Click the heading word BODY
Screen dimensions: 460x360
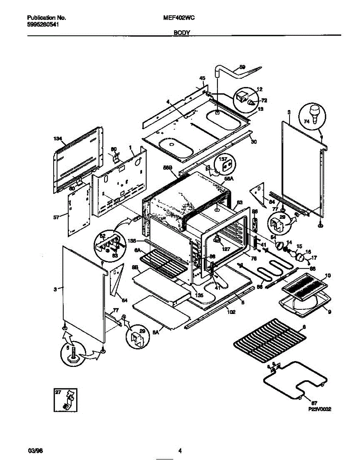[182, 33]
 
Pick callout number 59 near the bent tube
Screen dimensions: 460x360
[242, 67]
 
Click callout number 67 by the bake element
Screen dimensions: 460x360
[314, 403]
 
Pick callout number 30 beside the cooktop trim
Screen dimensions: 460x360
[253, 141]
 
